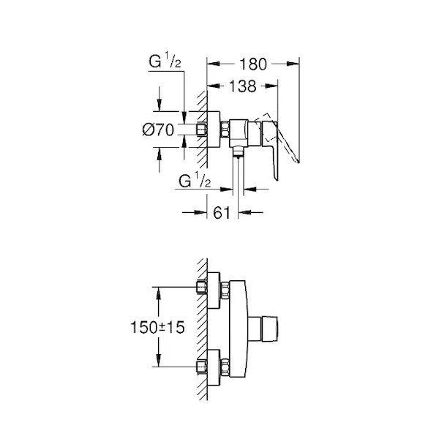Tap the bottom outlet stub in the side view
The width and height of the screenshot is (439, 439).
(238, 154)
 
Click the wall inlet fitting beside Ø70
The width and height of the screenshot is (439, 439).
(202, 130)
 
